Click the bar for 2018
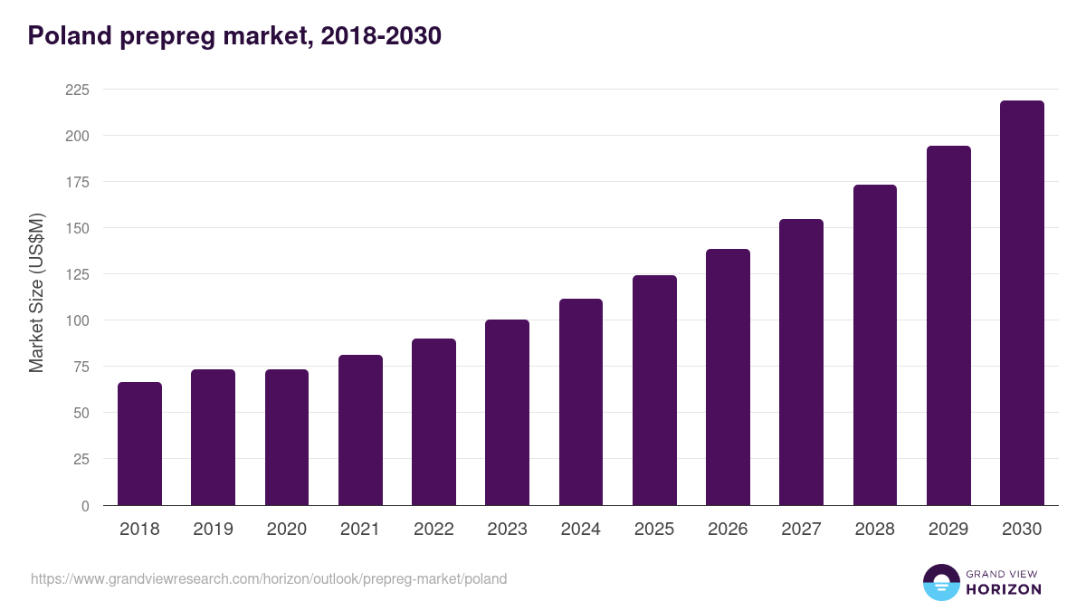pyautogui.click(x=139, y=444)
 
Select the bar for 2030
pyautogui.click(x=1022, y=303)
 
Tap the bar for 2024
pyautogui.click(x=581, y=402)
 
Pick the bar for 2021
pyautogui.click(x=360, y=430)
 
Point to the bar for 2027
pyautogui.click(x=801, y=362)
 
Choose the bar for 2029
pyautogui.click(x=948, y=326)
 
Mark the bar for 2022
pyautogui.click(x=433, y=422)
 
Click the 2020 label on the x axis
pyautogui.click(x=287, y=530)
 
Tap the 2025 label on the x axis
pyautogui.click(x=654, y=530)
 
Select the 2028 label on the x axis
pyautogui.click(x=875, y=530)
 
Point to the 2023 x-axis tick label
pyautogui.click(x=507, y=530)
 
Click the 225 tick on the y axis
pyautogui.click(x=77, y=90)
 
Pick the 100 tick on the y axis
pyautogui.click(x=77, y=320)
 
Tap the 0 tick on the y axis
pyautogui.click(x=85, y=506)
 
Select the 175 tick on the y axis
pyautogui.click(x=77, y=182)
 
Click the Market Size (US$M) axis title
pyautogui.click(x=36, y=292)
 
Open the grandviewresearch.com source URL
pyautogui.click(x=269, y=578)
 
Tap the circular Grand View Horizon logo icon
pyautogui.click(x=941, y=583)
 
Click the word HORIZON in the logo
pyautogui.click(x=1004, y=589)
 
